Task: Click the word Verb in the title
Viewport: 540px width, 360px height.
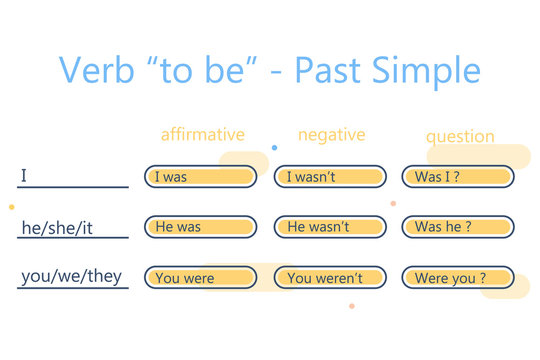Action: click(96, 70)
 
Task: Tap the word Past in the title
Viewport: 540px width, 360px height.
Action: click(348, 70)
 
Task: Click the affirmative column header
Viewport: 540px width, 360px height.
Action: click(203, 134)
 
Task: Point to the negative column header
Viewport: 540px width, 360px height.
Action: click(331, 134)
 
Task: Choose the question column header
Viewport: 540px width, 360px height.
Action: click(460, 136)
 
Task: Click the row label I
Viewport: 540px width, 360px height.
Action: click(24, 177)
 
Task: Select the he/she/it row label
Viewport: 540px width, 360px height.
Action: click(58, 228)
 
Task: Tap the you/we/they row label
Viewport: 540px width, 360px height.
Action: click(73, 277)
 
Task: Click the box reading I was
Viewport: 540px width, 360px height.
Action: click(200, 177)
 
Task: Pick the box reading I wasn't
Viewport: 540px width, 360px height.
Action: click(329, 177)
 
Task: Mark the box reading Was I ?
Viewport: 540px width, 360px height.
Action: click(457, 177)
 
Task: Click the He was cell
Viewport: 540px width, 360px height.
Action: click(200, 227)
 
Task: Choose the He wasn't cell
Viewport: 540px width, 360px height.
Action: click(329, 227)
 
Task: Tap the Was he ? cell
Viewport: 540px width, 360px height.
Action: click(457, 227)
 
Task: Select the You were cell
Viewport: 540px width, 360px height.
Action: click(200, 278)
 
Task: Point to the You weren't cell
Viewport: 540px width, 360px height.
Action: click(329, 278)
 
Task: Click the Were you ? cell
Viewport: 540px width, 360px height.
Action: click(457, 278)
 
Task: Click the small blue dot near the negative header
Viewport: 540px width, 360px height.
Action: click(274, 147)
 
